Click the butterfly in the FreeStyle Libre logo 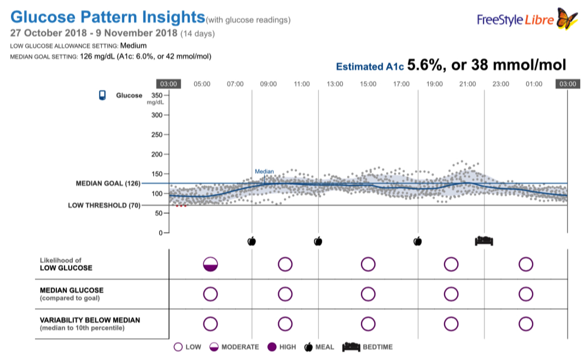coord(567,19)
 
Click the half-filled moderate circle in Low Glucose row coord(210,264)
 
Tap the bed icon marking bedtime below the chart coord(484,241)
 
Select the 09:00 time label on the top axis coord(268,84)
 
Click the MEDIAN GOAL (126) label coord(107,183)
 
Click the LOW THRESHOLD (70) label coord(103,206)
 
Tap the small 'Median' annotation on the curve coord(264,172)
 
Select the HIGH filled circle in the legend coord(272,347)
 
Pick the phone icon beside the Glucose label coord(102,95)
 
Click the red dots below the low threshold coord(181,206)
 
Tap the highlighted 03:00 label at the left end coord(168,84)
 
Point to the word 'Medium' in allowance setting coord(133,45)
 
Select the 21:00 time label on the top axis coord(468,84)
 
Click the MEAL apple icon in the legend coord(309,347)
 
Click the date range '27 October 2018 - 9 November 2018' coord(94,33)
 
